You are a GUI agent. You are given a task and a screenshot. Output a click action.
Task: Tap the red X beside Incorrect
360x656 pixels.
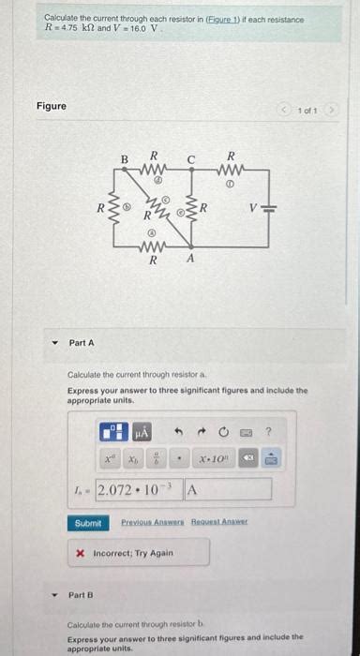click(80, 553)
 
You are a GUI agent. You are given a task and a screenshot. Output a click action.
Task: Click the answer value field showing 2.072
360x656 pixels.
click(139, 489)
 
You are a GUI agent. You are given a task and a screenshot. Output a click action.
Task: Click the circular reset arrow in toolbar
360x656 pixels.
click(223, 431)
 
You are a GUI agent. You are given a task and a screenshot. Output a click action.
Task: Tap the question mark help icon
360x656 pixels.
click(268, 431)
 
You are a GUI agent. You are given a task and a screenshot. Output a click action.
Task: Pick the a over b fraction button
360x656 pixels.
click(156, 459)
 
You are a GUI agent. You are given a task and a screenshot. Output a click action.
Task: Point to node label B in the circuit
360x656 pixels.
click(123, 159)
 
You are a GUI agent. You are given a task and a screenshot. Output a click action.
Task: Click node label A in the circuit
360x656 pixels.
click(191, 260)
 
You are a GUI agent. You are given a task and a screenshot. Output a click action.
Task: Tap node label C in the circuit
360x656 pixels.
click(190, 159)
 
